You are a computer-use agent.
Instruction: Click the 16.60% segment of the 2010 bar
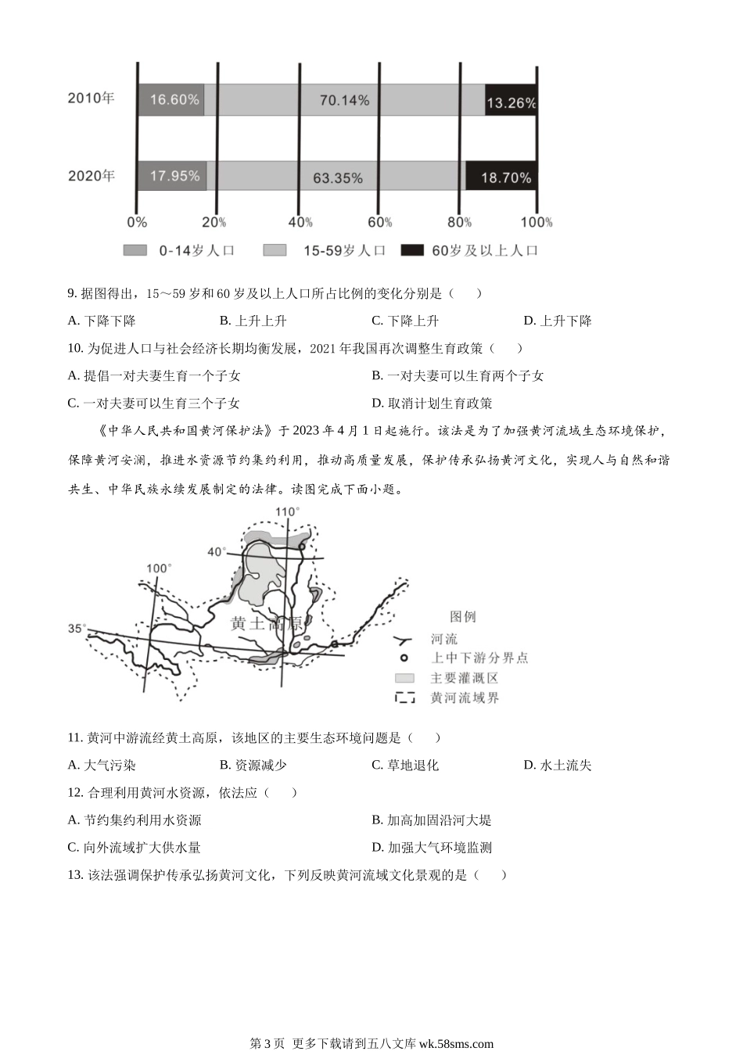pyautogui.click(x=170, y=99)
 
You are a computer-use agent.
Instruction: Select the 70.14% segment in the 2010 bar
pyautogui.click(x=344, y=99)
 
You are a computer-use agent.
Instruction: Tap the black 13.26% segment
pyautogui.click(x=511, y=100)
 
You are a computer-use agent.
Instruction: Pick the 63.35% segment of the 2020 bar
pyautogui.click(x=336, y=176)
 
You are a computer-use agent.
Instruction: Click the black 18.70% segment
pyautogui.click(x=502, y=176)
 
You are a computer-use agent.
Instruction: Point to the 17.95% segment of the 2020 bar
pyautogui.click(x=172, y=176)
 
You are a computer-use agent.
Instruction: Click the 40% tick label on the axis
pyautogui.click(x=300, y=222)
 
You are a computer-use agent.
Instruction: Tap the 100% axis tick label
pyautogui.click(x=537, y=222)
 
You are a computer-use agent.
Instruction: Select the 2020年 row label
pyautogui.click(x=92, y=176)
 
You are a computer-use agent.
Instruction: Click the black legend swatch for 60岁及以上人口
pyautogui.click(x=412, y=250)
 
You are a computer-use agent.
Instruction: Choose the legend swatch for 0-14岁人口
pyautogui.click(x=135, y=250)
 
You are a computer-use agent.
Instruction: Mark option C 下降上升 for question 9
pyautogui.click(x=405, y=321)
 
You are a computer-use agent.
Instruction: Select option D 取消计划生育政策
pyautogui.click(x=432, y=403)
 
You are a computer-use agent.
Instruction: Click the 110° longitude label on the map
pyautogui.click(x=287, y=512)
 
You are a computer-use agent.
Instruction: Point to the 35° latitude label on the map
pyautogui.click(x=77, y=628)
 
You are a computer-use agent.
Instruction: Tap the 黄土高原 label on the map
pyautogui.click(x=267, y=623)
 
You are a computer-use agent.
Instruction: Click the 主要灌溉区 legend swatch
pyautogui.click(x=404, y=678)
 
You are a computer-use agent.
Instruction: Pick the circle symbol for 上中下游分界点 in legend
pyautogui.click(x=404, y=658)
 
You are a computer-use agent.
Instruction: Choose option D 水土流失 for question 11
pyautogui.click(x=558, y=766)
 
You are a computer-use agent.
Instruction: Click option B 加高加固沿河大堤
pyautogui.click(x=432, y=820)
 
